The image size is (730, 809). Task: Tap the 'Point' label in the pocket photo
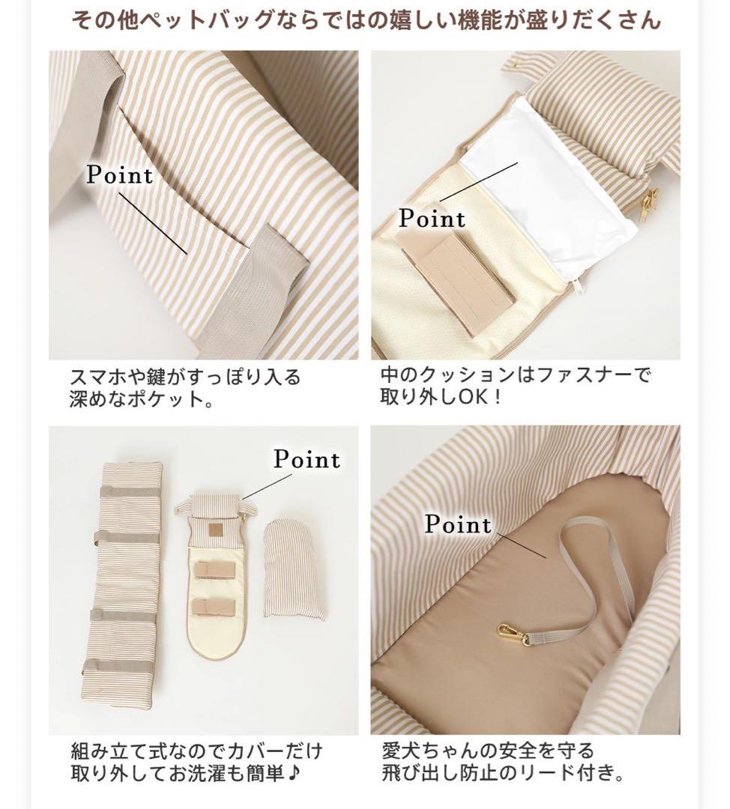click(x=119, y=175)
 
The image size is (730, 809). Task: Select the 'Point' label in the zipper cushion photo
click(x=432, y=219)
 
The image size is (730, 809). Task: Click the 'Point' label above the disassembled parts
click(x=306, y=459)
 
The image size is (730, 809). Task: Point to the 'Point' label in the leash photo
click(x=458, y=524)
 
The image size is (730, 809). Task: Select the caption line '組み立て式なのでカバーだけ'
click(x=196, y=751)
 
